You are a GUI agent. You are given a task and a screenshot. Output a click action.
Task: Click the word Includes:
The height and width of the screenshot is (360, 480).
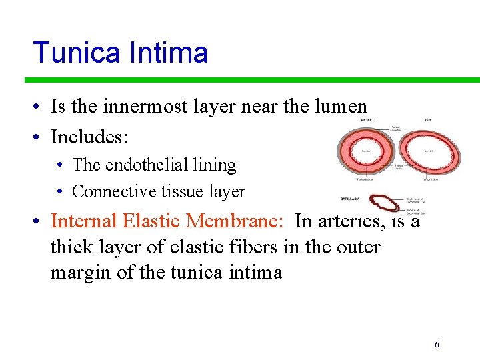tap(90, 137)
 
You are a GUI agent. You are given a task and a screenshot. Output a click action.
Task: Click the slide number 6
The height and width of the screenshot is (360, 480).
tap(437, 345)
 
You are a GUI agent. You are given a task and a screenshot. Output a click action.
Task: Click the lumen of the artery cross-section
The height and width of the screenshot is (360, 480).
tap(366, 152)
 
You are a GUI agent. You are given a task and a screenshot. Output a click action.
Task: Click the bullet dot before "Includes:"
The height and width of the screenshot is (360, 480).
tap(40, 138)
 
